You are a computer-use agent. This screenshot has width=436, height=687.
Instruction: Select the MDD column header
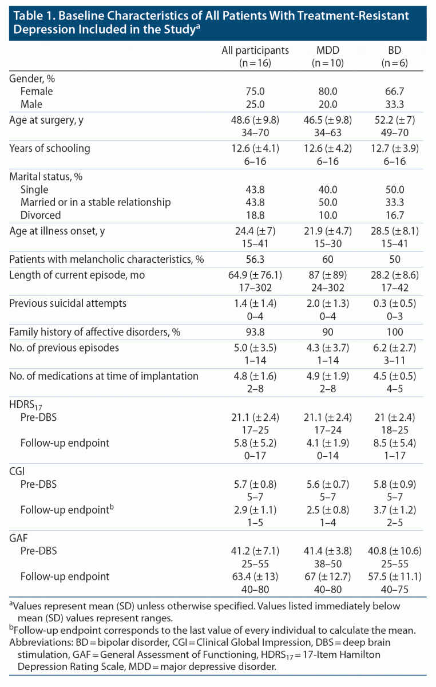[x=328, y=50]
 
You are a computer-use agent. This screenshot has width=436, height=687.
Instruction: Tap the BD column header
[x=394, y=50]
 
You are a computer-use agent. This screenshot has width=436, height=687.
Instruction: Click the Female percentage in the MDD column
[x=328, y=91]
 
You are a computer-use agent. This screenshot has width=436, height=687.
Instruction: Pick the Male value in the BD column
[x=394, y=105]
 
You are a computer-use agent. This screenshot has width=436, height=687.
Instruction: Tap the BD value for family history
[x=394, y=332]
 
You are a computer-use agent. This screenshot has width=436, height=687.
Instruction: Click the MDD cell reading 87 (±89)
[x=328, y=275]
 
